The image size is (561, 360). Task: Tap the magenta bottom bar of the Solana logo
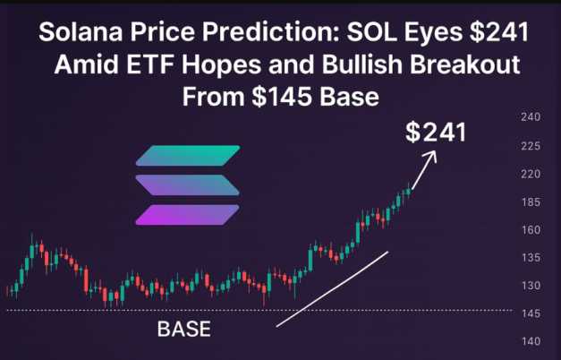click(x=188, y=215)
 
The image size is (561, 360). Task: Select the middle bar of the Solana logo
click(x=188, y=185)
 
